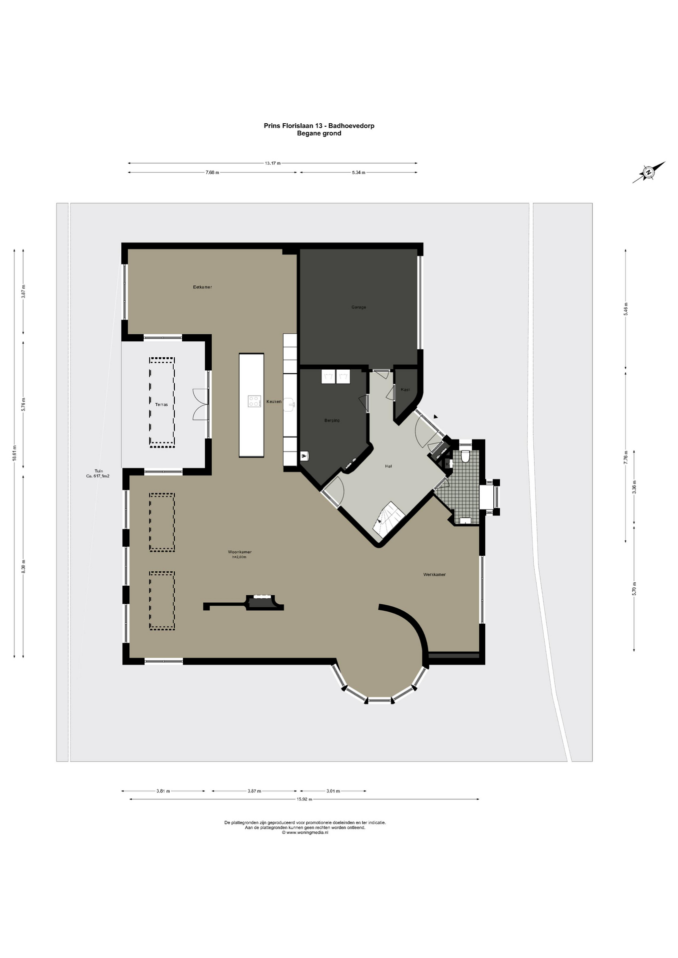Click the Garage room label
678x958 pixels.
click(358, 307)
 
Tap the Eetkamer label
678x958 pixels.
click(203, 287)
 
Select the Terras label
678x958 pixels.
click(161, 405)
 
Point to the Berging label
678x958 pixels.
click(332, 421)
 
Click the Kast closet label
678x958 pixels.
click(405, 389)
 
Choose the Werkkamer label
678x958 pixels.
click(434, 575)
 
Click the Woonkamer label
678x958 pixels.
click(240, 552)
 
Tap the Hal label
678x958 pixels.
click(388, 466)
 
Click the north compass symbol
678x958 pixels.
click(649, 173)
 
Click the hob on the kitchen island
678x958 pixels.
click(255, 401)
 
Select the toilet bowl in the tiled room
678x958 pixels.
click(466, 457)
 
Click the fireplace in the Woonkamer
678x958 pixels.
click(261, 602)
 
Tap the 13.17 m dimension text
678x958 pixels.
click(273, 163)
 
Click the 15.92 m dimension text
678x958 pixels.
click(304, 799)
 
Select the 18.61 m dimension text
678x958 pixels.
click(14, 454)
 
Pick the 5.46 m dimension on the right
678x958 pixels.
click(626, 308)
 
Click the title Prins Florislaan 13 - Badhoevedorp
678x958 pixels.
click(319, 126)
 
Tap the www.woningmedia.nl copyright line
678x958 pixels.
click(305, 833)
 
